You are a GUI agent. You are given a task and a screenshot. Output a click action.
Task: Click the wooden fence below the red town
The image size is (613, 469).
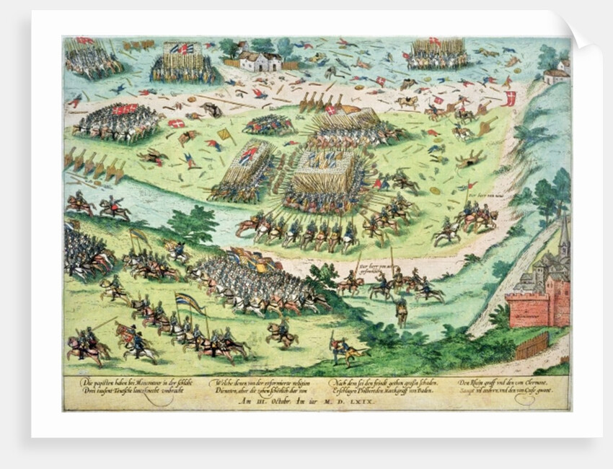click(x=532, y=346)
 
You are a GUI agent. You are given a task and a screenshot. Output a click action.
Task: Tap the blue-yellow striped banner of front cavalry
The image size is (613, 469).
click(x=189, y=303)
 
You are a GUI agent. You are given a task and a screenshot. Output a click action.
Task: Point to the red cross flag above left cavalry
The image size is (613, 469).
click(x=126, y=109)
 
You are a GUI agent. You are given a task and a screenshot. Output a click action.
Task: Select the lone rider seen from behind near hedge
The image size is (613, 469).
click(x=401, y=310)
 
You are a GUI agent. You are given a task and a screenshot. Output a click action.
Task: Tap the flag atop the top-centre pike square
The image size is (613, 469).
click(x=184, y=48)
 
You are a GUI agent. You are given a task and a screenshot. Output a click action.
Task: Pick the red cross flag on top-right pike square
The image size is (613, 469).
click(x=434, y=42)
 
